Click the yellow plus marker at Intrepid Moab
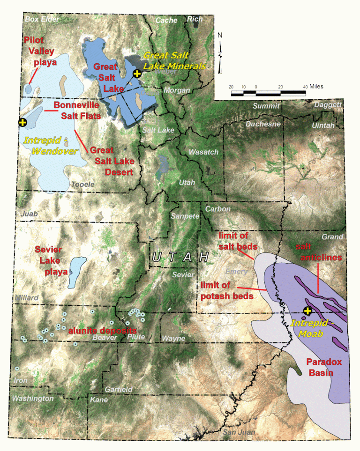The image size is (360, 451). point(307,311)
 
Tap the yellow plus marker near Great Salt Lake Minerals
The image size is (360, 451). point(136,74)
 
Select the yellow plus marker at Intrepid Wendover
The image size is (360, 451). point(22,122)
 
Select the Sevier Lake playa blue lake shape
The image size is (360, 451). point(75,272)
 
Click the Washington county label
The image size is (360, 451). point(33,398)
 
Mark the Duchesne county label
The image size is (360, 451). point(263,124)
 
